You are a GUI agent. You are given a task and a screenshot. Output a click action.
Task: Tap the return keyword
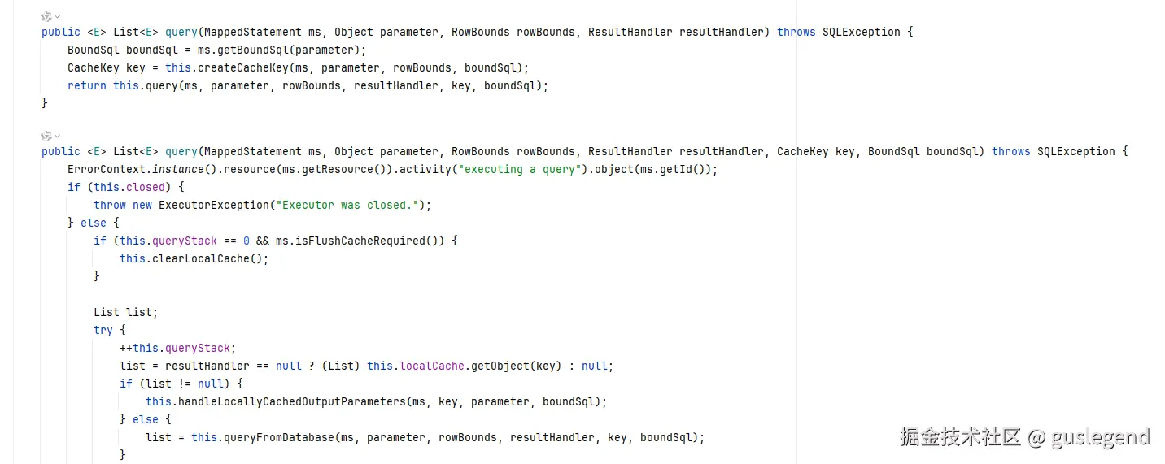(86, 85)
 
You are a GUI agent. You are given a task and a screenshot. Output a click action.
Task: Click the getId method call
(678, 169)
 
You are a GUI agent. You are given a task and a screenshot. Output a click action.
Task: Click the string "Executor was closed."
(346, 205)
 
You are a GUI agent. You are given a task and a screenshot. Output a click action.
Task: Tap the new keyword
(142, 205)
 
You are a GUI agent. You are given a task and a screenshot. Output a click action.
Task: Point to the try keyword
(103, 330)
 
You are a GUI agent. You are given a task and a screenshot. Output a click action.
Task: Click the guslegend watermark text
(1100, 437)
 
